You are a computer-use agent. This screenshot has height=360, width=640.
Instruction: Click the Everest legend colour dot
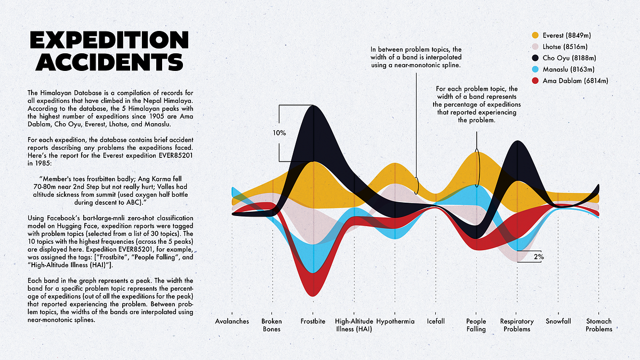(535, 35)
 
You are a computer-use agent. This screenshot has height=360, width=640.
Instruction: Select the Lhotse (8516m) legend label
(565, 46)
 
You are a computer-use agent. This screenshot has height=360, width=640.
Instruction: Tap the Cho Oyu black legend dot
(535, 58)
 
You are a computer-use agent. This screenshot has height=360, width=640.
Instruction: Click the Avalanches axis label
(232, 322)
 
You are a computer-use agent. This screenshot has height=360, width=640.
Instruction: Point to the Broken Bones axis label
(272, 325)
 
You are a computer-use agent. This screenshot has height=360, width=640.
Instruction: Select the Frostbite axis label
(313, 322)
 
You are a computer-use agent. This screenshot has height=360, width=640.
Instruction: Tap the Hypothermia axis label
(395, 322)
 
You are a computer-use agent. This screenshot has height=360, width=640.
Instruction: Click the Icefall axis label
(436, 322)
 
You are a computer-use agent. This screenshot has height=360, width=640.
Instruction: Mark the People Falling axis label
(476, 325)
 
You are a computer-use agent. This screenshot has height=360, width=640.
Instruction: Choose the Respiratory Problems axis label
(517, 325)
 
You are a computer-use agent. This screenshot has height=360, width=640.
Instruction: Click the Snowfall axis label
(558, 322)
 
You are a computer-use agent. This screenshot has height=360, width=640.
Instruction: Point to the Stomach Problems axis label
(599, 325)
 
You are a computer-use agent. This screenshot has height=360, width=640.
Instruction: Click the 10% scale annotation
(278, 133)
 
